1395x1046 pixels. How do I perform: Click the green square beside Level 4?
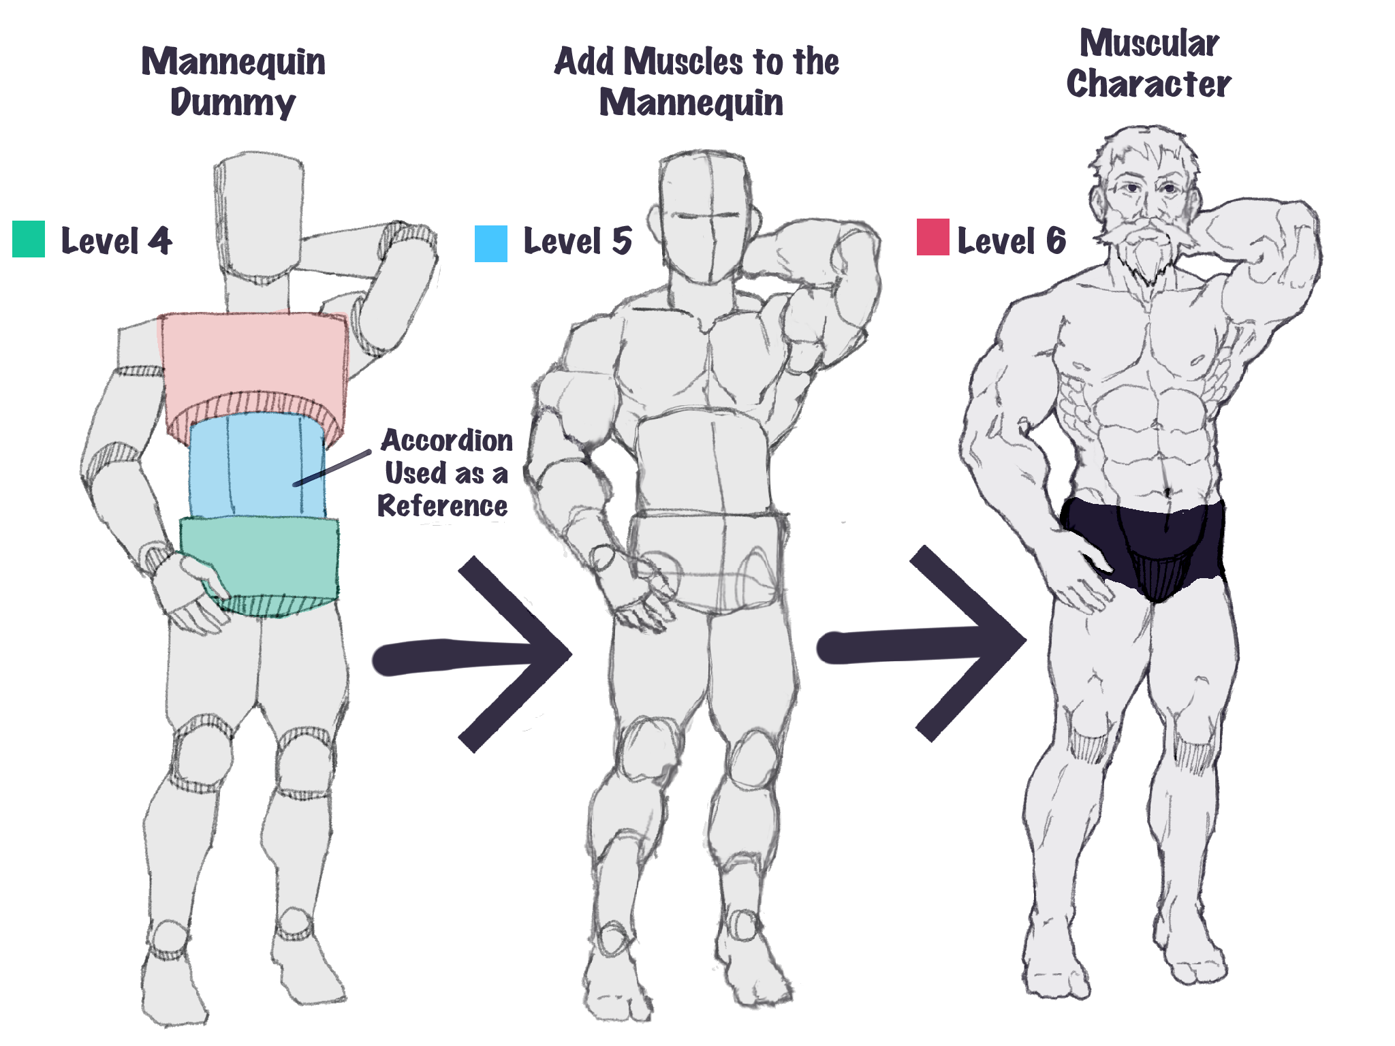[x=29, y=239]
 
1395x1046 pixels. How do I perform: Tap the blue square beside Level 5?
[x=491, y=244]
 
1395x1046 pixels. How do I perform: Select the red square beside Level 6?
[x=933, y=237]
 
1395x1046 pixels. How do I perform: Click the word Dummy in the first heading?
[x=233, y=103]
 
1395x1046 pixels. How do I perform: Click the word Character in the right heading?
[x=1148, y=84]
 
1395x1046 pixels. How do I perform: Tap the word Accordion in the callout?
[x=447, y=441]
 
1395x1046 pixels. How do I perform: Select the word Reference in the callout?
[x=443, y=506]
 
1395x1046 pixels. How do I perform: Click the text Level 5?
[x=578, y=241]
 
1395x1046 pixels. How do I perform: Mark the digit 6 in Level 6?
[x=1056, y=240]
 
